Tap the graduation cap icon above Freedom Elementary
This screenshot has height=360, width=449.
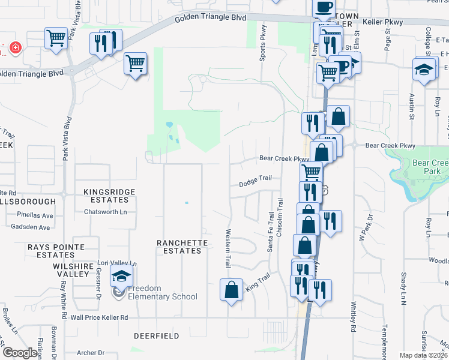121,277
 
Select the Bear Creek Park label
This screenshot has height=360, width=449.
430,167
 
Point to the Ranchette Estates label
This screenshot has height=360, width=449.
182,247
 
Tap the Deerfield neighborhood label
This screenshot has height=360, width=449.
156,336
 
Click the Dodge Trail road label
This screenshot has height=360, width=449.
256,180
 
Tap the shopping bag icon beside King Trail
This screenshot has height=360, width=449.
232,290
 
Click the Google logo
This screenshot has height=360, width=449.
20,353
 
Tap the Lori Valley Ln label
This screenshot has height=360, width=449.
117,263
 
